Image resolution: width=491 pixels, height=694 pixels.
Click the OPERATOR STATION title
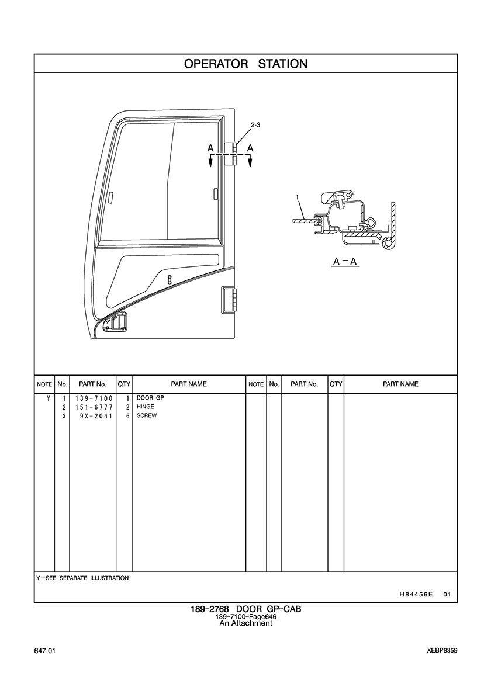click(245, 64)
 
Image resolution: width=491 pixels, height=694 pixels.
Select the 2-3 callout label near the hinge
click(255, 125)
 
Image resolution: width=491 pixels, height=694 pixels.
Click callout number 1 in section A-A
click(298, 197)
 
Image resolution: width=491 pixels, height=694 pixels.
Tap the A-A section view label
click(345, 262)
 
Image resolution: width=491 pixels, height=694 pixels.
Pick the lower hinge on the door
click(228, 299)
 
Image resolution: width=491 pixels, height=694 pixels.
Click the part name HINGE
click(146, 407)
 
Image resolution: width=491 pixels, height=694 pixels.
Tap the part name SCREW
click(147, 415)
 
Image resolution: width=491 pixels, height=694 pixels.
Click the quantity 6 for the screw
click(127, 416)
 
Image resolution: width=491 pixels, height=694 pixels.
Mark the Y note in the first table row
click(48, 398)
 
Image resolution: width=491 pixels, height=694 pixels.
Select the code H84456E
click(416, 595)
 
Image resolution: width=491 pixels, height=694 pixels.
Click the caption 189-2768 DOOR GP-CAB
click(245, 609)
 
